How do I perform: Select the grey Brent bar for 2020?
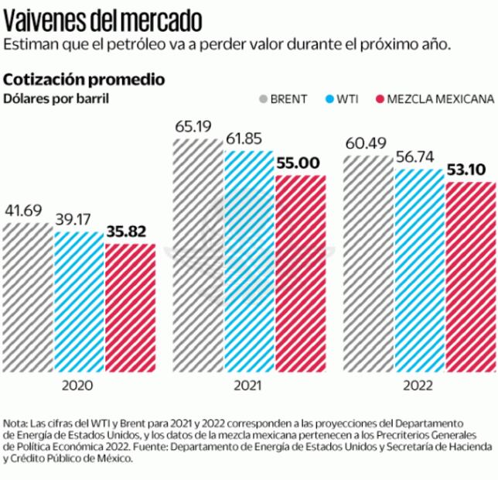tap(27, 298)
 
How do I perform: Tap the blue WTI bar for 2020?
tap(79, 302)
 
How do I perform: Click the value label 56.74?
tap(415, 156)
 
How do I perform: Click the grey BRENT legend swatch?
tap(264, 99)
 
